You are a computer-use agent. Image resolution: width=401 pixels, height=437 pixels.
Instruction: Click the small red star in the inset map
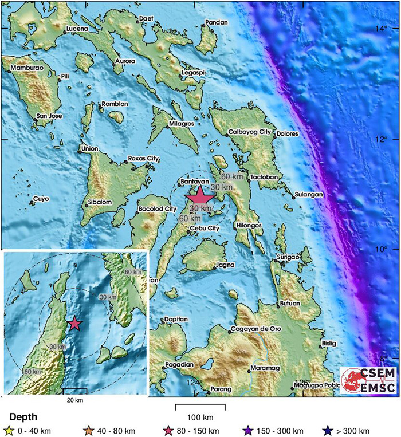[x=75, y=324]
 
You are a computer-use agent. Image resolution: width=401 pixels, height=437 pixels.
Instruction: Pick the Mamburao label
[x=27, y=68]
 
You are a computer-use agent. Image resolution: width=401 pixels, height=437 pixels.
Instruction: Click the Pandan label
[x=217, y=23]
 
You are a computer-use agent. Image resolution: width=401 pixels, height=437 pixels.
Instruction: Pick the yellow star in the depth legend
[x=9, y=431]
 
